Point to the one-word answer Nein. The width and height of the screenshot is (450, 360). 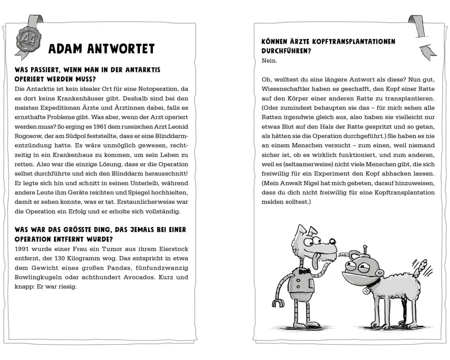click(270, 60)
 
